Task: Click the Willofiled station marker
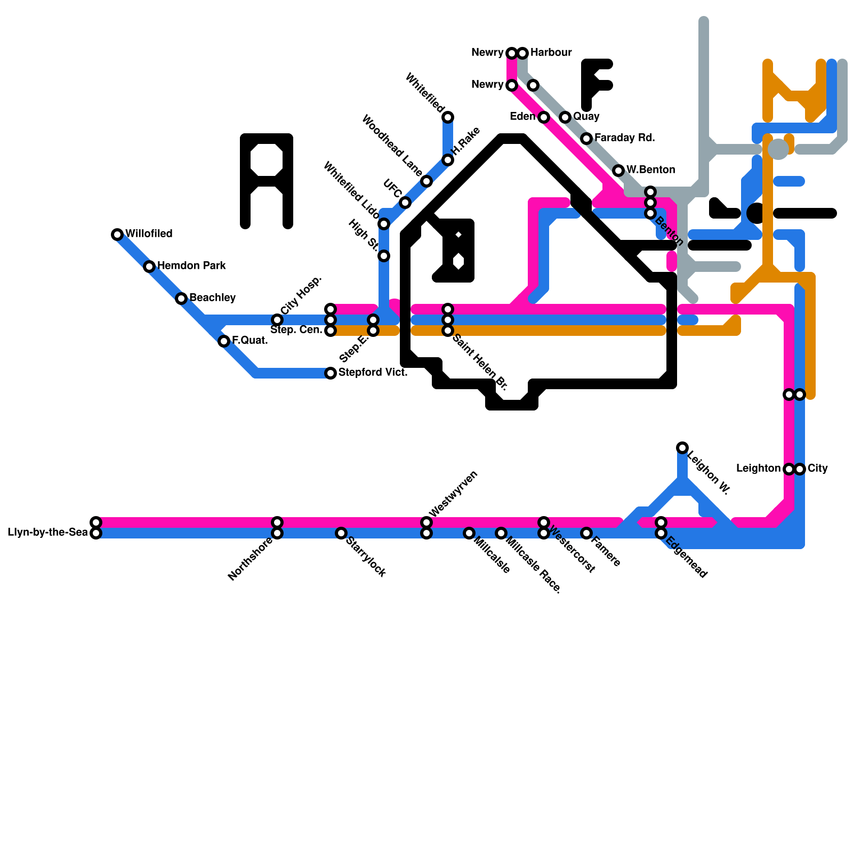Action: (117, 235)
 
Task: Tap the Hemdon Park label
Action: (191, 265)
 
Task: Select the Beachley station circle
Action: (181, 299)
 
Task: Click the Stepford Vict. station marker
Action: (331, 373)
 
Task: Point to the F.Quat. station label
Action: (250, 340)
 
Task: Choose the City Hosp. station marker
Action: (277, 320)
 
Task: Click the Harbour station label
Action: (551, 52)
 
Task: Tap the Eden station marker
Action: (544, 117)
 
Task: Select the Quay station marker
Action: (565, 117)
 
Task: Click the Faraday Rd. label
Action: (624, 138)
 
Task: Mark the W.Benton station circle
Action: (618, 171)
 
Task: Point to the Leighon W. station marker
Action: (682, 448)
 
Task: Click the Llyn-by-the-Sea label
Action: (47, 532)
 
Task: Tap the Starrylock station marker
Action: (341, 533)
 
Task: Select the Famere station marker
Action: (586, 533)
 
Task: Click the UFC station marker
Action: (405, 203)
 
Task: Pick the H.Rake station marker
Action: (448, 160)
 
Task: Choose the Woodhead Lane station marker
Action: (426, 181)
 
